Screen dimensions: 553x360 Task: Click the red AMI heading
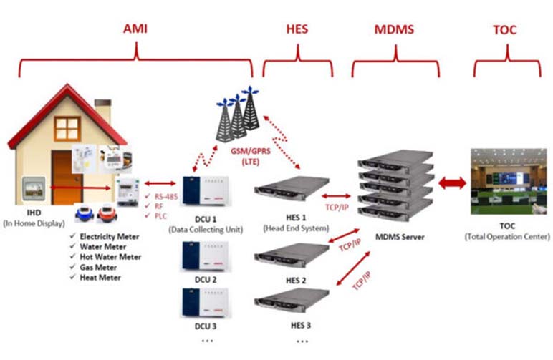pos(135,29)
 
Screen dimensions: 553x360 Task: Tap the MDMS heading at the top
pos(394,29)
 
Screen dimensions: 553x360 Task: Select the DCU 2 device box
pos(206,256)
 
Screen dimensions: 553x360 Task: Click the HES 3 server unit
pos(292,301)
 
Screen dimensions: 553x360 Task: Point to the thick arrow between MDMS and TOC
pos(452,183)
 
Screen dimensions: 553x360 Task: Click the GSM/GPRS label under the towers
pos(251,151)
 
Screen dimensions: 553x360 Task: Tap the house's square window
pos(67,128)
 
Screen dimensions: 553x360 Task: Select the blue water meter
pos(85,213)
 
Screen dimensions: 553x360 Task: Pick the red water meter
pos(107,213)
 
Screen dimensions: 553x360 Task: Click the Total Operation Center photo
pos(509,181)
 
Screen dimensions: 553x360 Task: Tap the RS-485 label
pos(166,197)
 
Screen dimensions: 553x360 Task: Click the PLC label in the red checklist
pos(160,216)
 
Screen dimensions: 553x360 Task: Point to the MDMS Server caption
pos(400,237)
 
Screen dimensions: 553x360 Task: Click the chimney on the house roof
pos(103,111)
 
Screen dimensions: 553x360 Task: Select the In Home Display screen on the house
pos(34,189)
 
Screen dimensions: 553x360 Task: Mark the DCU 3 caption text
pos(206,326)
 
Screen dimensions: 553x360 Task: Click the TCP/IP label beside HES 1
pos(337,208)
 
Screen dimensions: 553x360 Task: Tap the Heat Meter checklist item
pos(100,278)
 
